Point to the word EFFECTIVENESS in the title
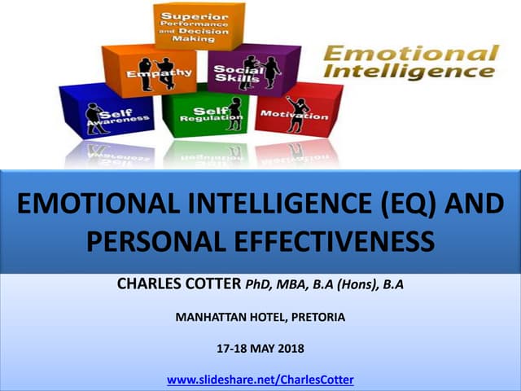pos(326,243)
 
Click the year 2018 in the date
pos(289,349)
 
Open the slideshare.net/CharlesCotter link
pos(260,380)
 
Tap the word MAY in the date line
pos(259,349)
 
